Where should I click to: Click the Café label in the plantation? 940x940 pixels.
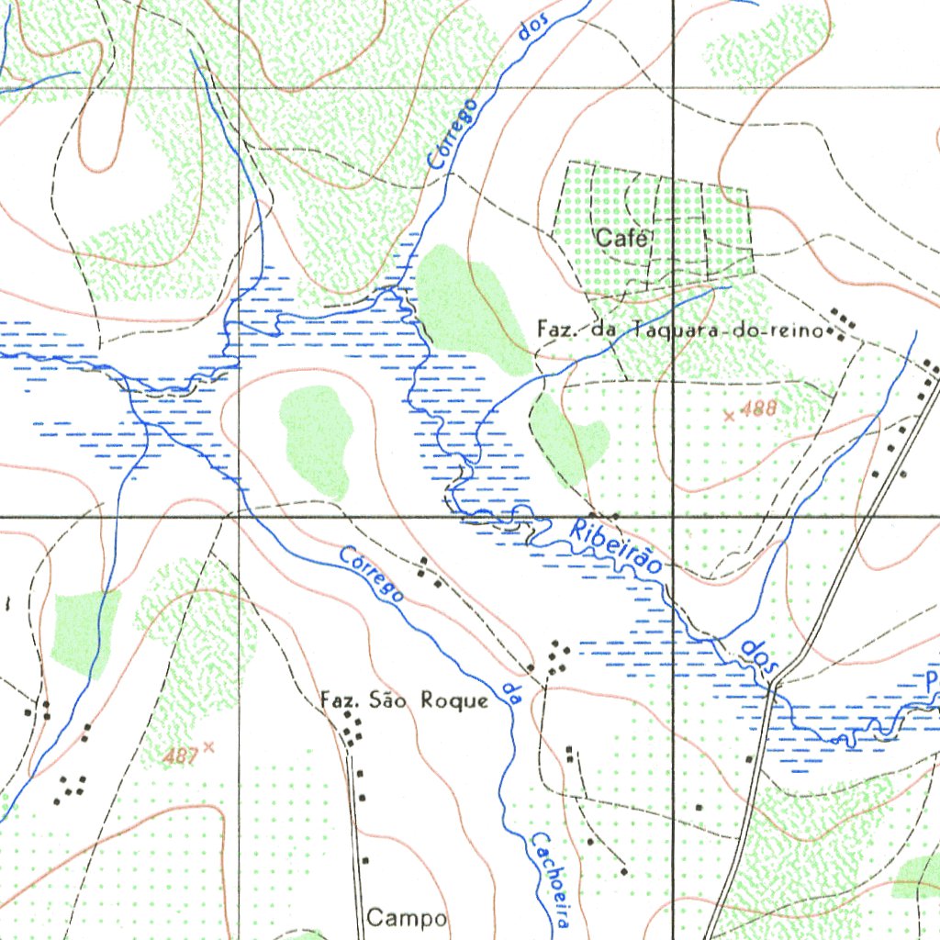pos(623,239)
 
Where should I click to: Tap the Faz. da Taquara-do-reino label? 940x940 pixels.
pos(679,330)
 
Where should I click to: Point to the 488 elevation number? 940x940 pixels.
pos(758,409)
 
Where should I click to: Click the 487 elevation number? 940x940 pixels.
pos(183,755)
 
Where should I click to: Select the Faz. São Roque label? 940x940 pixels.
pos(404,701)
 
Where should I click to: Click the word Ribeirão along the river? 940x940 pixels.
pos(615,548)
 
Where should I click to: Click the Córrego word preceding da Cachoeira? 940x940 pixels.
pos(372,574)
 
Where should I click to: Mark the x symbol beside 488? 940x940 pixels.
pos(730,416)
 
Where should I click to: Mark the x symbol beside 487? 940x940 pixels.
pos(208,747)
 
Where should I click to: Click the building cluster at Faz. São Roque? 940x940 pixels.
pos(352,730)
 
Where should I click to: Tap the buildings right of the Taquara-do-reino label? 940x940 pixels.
pos(843,323)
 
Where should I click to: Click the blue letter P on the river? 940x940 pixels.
pos(931,680)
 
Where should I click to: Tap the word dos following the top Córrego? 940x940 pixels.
pos(532,31)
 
